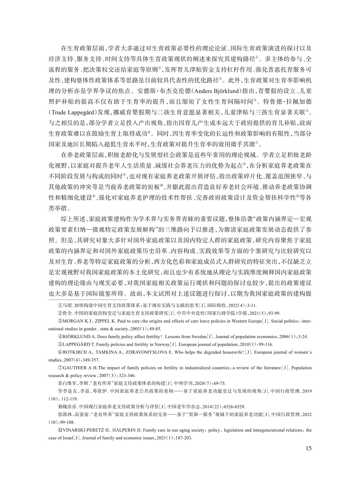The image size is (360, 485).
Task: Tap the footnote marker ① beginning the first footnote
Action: tap(60, 305)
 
